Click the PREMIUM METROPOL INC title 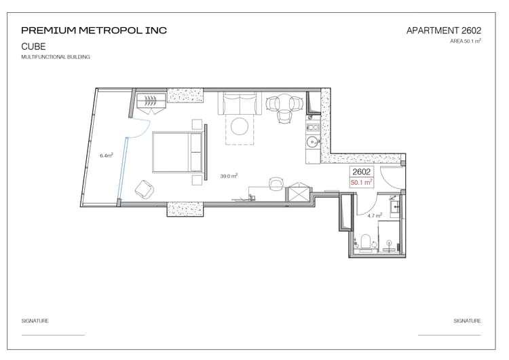[x=94, y=31]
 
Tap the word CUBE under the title [x=33, y=46]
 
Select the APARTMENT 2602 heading [x=444, y=31]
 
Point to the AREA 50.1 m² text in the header [x=466, y=41]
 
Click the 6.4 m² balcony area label [x=107, y=156]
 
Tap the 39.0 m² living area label [x=229, y=176]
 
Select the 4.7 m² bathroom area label [x=375, y=215]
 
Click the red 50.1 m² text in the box [x=361, y=182]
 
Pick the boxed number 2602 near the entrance [x=361, y=172]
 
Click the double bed [x=178, y=151]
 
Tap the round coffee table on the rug [x=240, y=126]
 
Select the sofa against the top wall [x=240, y=103]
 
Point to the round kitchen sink [x=313, y=142]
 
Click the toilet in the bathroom [x=366, y=242]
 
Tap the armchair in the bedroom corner [x=144, y=189]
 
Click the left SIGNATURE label [x=35, y=321]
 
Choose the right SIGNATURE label [x=467, y=321]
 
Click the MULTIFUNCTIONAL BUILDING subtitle [x=56, y=57]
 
